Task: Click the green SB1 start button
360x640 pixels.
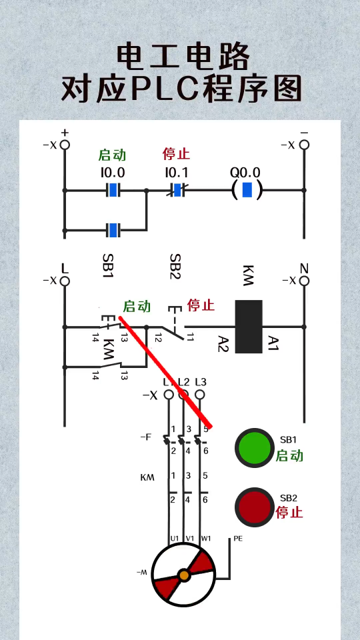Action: tap(254, 448)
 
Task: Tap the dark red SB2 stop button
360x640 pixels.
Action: tap(254, 507)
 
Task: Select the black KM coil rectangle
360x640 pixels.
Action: tap(249, 327)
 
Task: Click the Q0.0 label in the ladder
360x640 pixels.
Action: tap(245, 173)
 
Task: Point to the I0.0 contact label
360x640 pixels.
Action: tap(113, 173)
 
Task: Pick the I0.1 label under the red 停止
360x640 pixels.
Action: tap(176, 173)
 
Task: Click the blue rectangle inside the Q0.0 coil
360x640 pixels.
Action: tap(247, 190)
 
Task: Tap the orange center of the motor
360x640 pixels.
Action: tap(184, 575)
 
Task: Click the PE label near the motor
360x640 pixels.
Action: tap(238, 539)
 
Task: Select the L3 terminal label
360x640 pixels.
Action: tap(201, 383)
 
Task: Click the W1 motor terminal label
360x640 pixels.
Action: tap(206, 539)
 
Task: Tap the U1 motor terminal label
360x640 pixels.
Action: tap(175, 539)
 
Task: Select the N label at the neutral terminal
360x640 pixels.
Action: tap(304, 269)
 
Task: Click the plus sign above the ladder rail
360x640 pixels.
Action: tap(65, 132)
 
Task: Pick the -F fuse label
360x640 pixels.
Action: tap(145, 437)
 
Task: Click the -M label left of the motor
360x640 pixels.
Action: tap(141, 573)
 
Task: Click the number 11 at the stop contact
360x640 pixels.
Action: tap(189, 337)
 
